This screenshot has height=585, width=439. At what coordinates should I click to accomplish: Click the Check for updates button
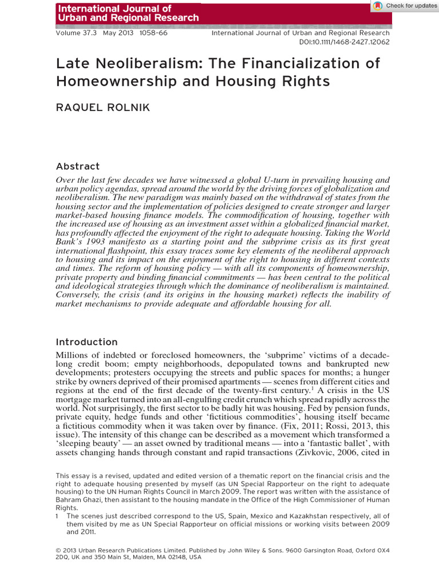coord(405,6)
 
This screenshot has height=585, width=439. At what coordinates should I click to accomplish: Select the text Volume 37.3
coord(77,33)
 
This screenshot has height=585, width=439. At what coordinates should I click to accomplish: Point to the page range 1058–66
coord(153,33)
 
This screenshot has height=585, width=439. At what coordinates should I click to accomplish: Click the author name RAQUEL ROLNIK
coord(103,107)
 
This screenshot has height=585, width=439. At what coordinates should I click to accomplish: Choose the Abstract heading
coord(78,166)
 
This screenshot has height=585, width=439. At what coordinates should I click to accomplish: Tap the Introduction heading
coord(86,342)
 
